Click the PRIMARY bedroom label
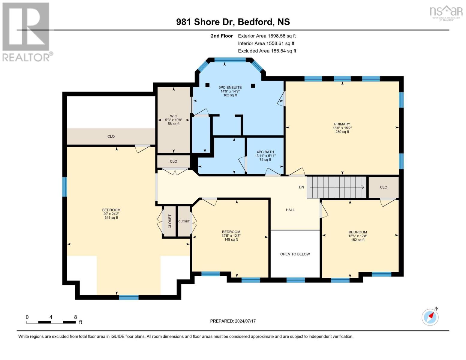pyautogui.click(x=342, y=124)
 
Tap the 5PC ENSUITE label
pyautogui.click(x=230, y=88)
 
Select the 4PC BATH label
pyautogui.click(x=265, y=152)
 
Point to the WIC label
pyautogui.click(x=173, y=116)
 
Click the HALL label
pyautogui.click(x=290, y=210)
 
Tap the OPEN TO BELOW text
pyautogui.click(x=295, y=254)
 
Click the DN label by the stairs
pyautogui.click(x=302, y=187)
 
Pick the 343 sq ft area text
pyautogui.click(x=111, y=217)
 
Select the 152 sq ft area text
pyautogui.click(x=358, y=240)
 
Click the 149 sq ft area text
pyautogui.click(x=231, y=239)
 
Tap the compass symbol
pyautogui.click(x=430, y=317)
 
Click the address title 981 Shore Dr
pyautogui.click(x=205, y=22)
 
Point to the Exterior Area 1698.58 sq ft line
pyautogui.click(x=267, y=36)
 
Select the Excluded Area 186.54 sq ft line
pyautogui.click(x=267, y=51)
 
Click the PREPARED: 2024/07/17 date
pyautogui.click(x=233, y=321)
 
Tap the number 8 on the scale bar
pyautogui.click(x=76, y=317)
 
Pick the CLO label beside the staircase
pyautogui.click(x=384, y=187)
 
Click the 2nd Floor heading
pyautogui.click(x=222, y=36)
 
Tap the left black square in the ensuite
pyautogui.click(x=207, y=85)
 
